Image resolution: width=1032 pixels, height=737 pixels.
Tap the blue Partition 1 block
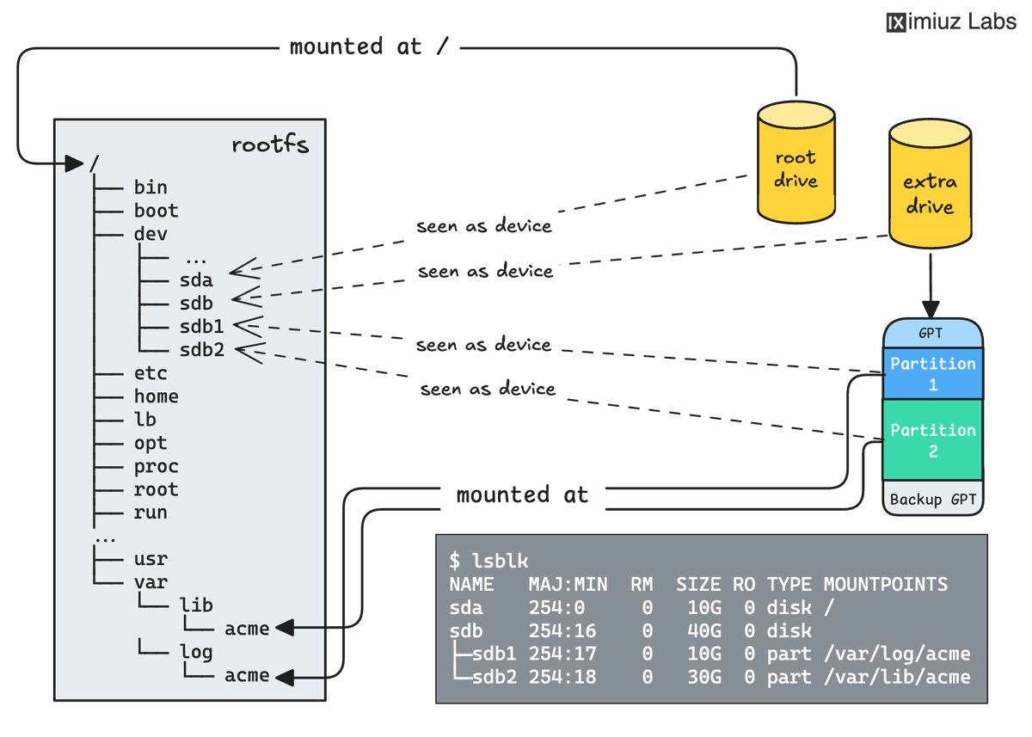coord(932,374)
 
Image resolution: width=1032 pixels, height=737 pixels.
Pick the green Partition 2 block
coord(932,440)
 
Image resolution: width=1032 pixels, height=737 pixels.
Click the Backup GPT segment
coord(932,500)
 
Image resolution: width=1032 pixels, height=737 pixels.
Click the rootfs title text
coord(270,144)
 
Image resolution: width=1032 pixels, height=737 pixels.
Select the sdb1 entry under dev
coord(202,327)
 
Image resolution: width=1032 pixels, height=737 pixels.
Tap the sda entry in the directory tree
coord(196,280)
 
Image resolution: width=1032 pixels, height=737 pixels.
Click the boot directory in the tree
coord(156,211)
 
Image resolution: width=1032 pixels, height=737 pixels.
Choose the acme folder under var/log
coord(247,676)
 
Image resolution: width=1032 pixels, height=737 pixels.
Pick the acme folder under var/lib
coord(247,629)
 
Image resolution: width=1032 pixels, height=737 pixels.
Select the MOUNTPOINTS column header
coord(885,585)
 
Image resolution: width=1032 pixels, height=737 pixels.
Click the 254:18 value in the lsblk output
coord(562,678)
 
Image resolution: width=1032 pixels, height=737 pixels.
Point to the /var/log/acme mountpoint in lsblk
coord(896,654)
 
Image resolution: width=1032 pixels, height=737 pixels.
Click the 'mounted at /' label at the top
coord(369,46)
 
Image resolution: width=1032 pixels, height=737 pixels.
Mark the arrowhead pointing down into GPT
coord(930,310)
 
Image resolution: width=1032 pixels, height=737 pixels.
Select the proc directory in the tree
coord(156,466)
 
